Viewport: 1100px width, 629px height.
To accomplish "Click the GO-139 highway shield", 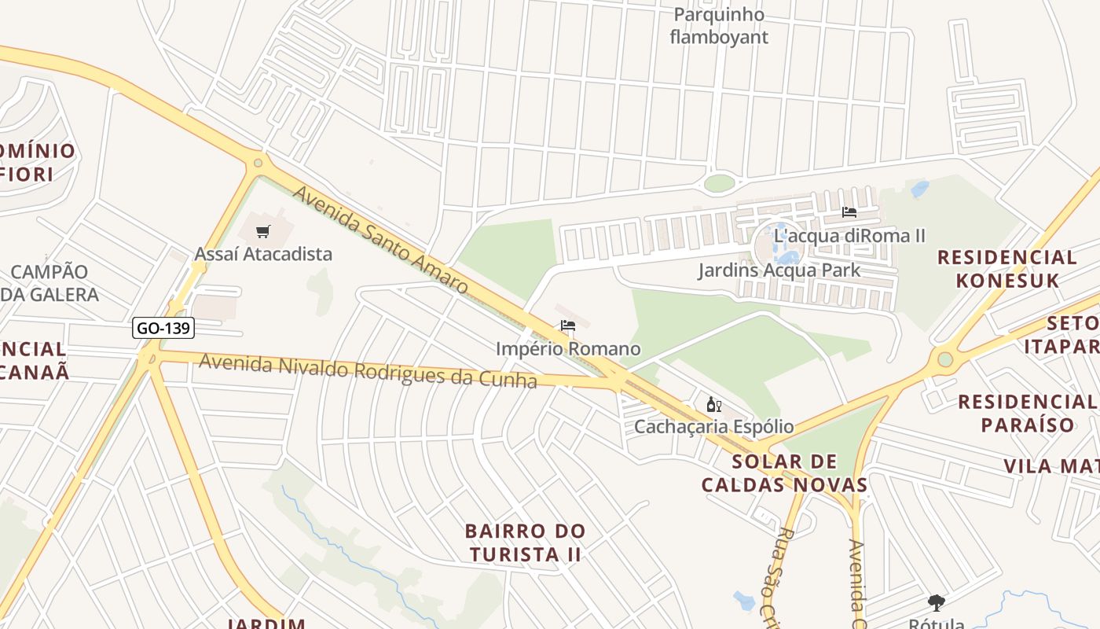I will [x=163, y=328].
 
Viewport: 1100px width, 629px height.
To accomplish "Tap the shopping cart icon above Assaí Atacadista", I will [x=263, y=231].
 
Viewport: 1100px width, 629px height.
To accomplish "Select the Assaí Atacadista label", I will [x=263, y=254].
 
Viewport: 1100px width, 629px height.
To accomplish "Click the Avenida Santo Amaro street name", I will [x=381, y=239].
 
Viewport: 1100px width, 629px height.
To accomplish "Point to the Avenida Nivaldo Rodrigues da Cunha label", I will [x=368, y=370].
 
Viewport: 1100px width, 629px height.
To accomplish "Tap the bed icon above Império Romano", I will [x=568, y=326].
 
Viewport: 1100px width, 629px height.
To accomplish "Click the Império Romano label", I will [x=568, y=348].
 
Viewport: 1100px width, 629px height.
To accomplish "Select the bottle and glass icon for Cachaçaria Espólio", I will [x=713, y=405].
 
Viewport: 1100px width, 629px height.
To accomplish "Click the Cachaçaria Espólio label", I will [x=713, y=427].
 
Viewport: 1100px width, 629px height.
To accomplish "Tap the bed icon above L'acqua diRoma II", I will [x=849, y=212].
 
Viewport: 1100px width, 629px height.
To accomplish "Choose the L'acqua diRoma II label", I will [x=849, y=235].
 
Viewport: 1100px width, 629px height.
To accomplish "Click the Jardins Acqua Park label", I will [x=779, y=270].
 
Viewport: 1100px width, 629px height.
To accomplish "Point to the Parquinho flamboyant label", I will [x=719, y=26].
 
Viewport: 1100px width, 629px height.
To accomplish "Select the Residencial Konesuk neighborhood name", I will [x=1006, y=268].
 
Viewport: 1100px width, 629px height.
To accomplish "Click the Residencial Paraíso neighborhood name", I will [x=1028, y=414].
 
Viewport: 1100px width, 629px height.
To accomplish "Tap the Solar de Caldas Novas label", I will [x=784, y=473].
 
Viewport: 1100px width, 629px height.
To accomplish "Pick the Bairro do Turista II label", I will [x=525, y=543].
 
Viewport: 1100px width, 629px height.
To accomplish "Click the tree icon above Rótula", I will [x=936, y=603].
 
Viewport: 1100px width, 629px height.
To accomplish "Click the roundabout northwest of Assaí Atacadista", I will [x=258, y=164].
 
